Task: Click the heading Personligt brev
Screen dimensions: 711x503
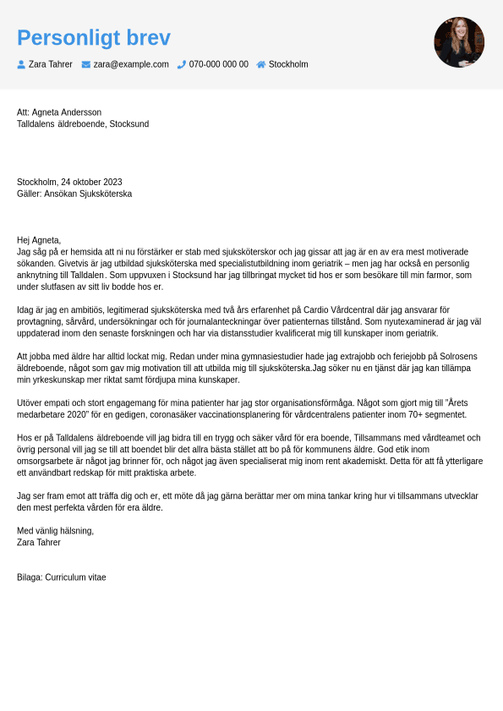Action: (x=93, y=38)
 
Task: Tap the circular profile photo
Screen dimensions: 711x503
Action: (x=459, y=42)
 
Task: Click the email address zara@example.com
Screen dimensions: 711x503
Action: (x=131, y=64)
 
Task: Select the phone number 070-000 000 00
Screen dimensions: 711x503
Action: (x=218, y=64)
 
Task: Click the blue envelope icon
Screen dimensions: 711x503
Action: (x=86, y=64)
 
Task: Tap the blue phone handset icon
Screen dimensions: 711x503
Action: (x=182, y=64)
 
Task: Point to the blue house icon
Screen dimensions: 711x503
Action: (x=261, y=64)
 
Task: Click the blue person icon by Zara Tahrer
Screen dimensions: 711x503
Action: (x=21, y=64)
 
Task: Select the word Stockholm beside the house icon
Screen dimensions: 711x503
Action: (x=288, y=64)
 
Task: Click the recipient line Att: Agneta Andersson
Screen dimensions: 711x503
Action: (x=59, y=112)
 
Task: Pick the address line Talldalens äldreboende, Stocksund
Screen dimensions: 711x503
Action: (x=83, y=124)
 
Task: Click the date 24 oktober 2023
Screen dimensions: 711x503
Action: (x=91, y=182)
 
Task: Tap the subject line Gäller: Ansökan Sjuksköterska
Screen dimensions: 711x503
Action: (x=74, y=194)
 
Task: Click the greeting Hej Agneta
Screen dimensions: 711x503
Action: (x=39, y=240)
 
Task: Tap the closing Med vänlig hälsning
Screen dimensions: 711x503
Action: (x=55, y=531)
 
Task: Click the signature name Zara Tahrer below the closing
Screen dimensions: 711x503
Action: (x=39, y=543)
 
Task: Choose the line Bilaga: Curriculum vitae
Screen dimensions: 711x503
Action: (x=62, y=577)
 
